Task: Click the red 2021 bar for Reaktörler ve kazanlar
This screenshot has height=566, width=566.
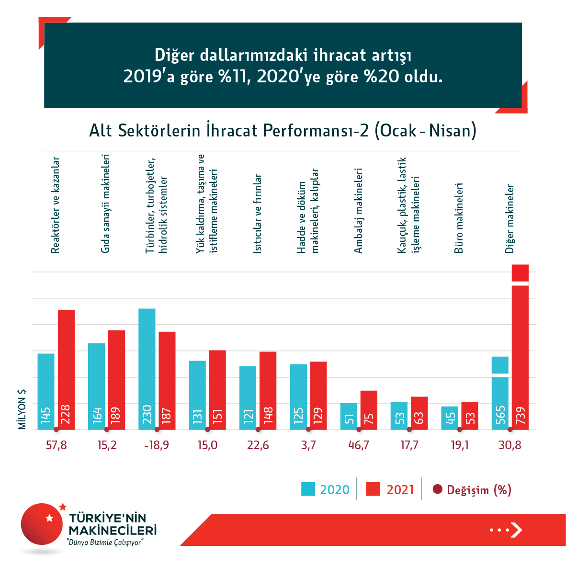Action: [x=67, y=369]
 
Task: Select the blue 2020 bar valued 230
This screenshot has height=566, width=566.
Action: [x=147, y=369]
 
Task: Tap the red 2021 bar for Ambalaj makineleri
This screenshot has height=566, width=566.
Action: [x=369, y=410]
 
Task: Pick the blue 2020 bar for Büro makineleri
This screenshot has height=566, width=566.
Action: [x=450, y=418]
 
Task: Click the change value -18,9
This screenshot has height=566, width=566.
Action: [x=157, y=445]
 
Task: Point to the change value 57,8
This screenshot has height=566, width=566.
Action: [x=57, y=445]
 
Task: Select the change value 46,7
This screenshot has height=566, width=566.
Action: [x=359, y=445]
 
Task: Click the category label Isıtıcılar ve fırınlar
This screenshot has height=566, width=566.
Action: [x=258, y=213]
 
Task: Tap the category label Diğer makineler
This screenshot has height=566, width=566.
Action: [x=510, y=218]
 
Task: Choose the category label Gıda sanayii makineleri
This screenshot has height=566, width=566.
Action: [x=106, y=204]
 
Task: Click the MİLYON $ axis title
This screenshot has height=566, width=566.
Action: [x=22, y=409]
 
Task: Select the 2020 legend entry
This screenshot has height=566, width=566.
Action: [x=326, y=489]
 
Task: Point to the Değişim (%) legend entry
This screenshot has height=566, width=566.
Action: [x=472, y=489]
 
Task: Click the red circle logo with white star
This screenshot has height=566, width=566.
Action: [x=42, y=524]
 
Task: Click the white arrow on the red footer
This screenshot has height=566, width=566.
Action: [x=516, y=530]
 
